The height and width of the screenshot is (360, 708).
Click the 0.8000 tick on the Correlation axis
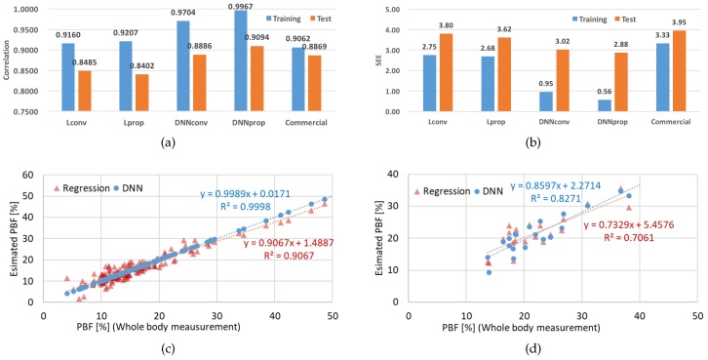point(26,92)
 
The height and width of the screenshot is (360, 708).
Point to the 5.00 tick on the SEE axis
point(387,10)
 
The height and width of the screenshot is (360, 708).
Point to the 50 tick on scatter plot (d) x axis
point(696,317)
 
